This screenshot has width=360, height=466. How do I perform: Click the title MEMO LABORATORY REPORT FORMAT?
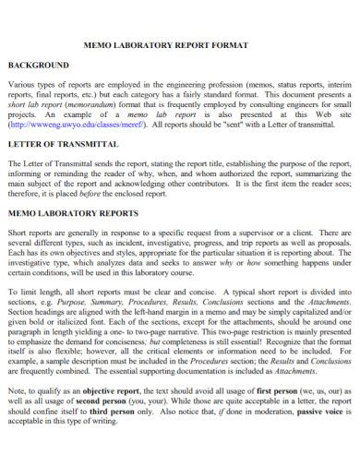(x=180, y=43)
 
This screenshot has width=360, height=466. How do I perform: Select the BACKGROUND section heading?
(x=38, y=66)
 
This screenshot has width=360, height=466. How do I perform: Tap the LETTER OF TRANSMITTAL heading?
(x=62, y=146)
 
